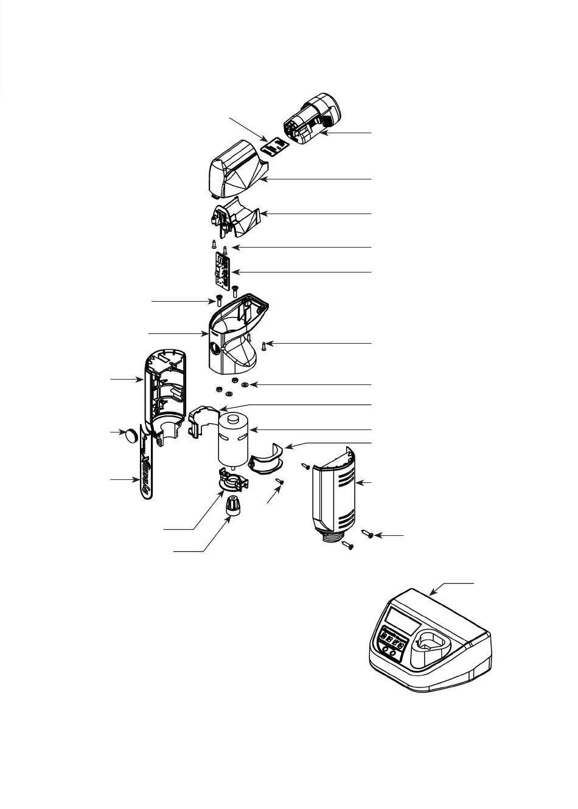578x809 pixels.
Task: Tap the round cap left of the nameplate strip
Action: point(131,436)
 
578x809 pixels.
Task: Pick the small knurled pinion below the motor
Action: point(231,505)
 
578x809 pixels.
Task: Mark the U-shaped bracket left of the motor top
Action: point(201,420)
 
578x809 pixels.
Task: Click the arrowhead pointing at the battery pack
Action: point(324,132)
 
